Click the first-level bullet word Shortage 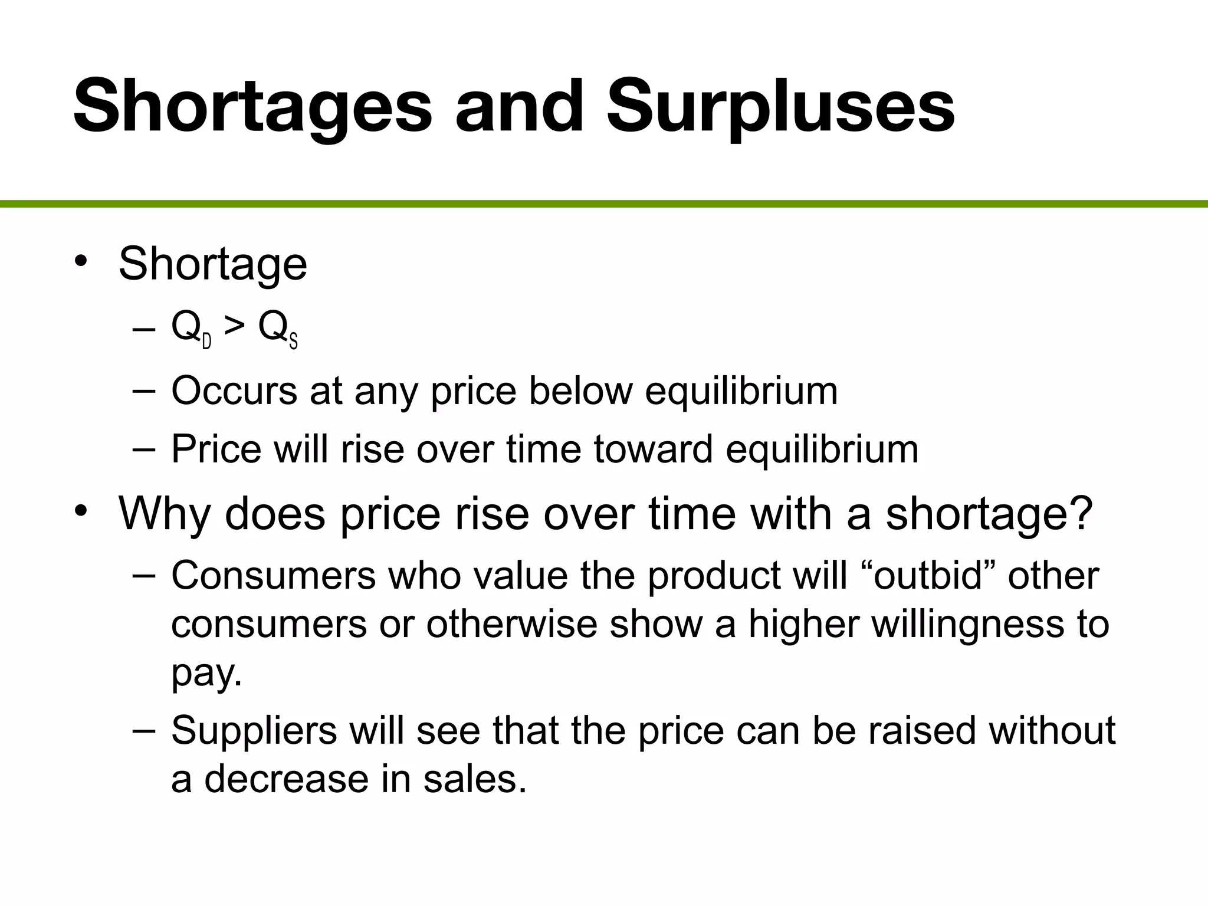click(x=213, y=264)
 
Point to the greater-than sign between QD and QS click(x=235, y=326)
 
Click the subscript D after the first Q click(x=207, y=342)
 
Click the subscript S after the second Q click(x=293, y=342)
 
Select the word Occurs click(x=234, y=390)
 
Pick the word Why click(x=165, y=513)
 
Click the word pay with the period click(x=206, y=672)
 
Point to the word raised click(x=923, y=730)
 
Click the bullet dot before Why click(x=81, y=511)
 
